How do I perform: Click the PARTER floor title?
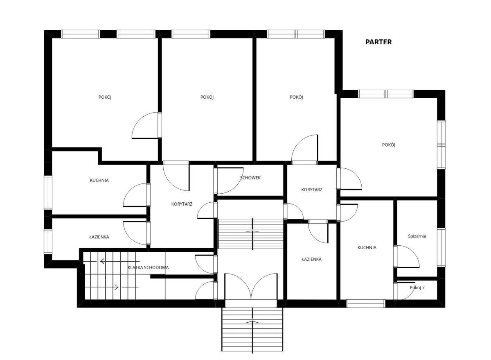point(378,42)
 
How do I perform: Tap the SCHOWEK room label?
point(250,178)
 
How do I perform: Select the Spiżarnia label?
point(417,236)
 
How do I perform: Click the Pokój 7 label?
point(417,288)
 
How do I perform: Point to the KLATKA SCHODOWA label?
point(148,267)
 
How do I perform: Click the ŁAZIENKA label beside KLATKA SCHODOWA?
point(99,237)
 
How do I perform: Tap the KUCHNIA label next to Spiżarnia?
point(367,247)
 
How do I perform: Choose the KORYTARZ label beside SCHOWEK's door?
point(182,204)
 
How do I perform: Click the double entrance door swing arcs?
point(251,286)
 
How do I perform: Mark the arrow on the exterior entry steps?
point(252,322)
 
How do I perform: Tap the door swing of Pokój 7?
point(405,291)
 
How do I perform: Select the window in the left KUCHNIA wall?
point(48,192)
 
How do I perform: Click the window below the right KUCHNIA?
point(366,303)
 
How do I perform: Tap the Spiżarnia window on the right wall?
point(441,247)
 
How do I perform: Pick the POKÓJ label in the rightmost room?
point(389,145)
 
